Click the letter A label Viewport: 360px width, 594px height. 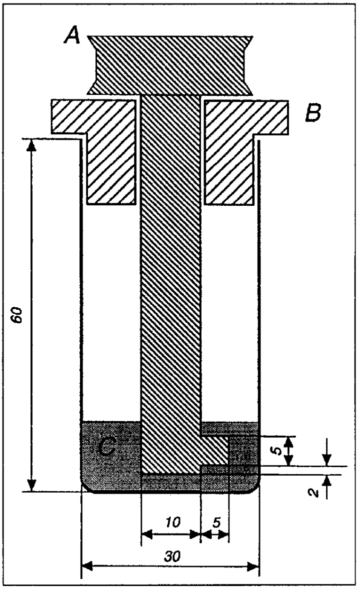pyautogui.click(x=72, y=37)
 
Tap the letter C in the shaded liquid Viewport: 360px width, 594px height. pyautogui.click(x=105, y=448)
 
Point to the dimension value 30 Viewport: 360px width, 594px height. pyautogui.click(x=172, y=556)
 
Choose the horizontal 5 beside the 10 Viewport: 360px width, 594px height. pyautogui.click(x=216, y=523)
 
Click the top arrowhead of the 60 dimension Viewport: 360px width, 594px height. pyautogui.click(x=31, y=145)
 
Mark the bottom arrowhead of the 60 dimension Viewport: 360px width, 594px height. pyautogui.click(x=31, y=486)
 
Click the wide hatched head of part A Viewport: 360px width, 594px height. pyautogui.click(x=169, y=65)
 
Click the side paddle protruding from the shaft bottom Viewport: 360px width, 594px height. pyautogui.click(x=214, y=451)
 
